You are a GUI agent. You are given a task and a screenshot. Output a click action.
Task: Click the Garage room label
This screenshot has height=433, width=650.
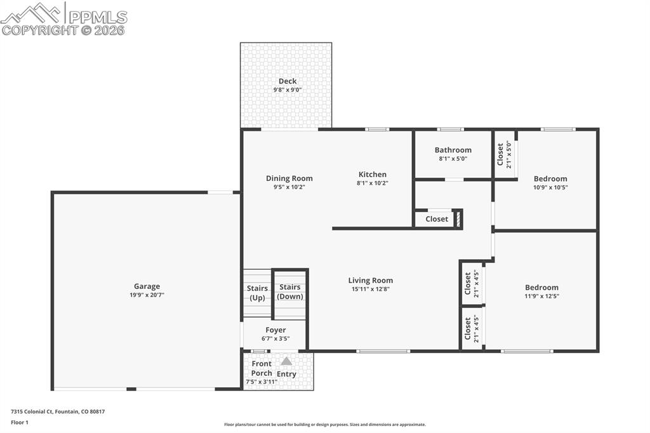point(147,286)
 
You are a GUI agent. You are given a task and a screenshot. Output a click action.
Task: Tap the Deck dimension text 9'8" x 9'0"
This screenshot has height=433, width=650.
point(287,90)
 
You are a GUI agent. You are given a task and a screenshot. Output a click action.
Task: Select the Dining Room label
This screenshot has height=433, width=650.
point(289,178)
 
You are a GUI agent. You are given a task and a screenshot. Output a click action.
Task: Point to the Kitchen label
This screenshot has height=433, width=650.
point(372,175)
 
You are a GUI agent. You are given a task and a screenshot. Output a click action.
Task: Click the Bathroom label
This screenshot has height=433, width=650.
point(453,150)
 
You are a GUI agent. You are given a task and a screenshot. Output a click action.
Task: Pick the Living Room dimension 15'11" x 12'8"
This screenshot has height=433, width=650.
point(370,289)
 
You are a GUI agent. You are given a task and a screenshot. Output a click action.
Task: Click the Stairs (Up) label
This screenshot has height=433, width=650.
point(257,293)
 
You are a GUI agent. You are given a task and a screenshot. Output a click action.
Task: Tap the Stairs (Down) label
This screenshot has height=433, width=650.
point(290,292)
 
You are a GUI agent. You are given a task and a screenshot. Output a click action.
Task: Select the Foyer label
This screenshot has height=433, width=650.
point(275,330)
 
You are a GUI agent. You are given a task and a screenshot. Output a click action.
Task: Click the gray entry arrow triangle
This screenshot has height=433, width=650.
point(286,361)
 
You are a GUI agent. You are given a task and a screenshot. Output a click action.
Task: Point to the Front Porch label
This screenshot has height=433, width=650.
point(262,368)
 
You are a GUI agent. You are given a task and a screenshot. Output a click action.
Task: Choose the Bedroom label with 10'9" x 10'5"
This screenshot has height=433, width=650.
point(550,179)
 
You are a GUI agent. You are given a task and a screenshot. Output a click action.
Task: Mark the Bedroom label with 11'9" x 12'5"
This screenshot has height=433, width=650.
point(541,288)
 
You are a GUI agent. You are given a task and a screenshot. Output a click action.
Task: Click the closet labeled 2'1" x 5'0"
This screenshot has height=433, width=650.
point(503,154)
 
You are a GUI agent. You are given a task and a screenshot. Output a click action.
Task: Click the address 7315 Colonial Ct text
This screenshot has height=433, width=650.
point(58,412)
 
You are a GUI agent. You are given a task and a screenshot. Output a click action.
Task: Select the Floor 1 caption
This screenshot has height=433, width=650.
point(20,422)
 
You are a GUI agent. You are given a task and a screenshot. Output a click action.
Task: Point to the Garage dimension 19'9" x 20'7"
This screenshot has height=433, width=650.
point(147,295)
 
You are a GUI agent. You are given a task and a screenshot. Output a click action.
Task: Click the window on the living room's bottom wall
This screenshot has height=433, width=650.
point(383,351)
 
